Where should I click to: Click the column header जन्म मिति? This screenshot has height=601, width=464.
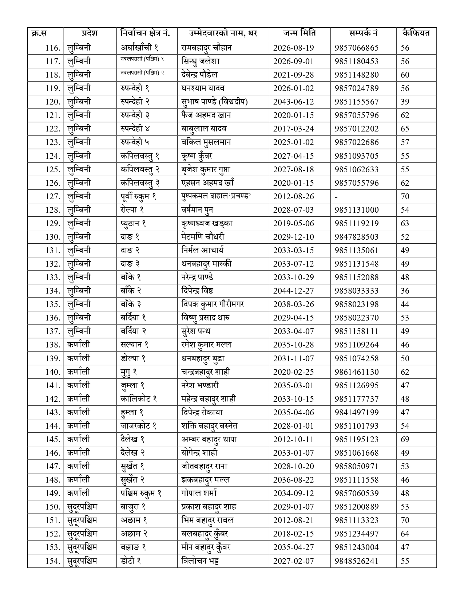[x=300, y=34]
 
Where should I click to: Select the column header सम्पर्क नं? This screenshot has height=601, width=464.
[x=363, y=34]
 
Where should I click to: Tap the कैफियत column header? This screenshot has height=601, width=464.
[x=416, y=34]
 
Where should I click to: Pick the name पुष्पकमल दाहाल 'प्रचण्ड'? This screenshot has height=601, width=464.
[x=217, y=196]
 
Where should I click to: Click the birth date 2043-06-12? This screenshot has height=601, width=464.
[x=293, y=102]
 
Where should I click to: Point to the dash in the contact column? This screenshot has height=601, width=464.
[x=336, y=197]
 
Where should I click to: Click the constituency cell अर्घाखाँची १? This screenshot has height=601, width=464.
[x=140, y=48]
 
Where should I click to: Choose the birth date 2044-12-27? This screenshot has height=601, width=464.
[x=293, y=291]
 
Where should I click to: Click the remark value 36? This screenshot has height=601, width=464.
[x=405, y=291]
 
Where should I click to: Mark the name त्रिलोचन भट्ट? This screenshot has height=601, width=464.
[x=200, y=561]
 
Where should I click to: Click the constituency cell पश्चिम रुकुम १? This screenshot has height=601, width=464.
[x=141, y=493]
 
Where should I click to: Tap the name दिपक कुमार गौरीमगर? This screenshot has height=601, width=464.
[x=213, y=304]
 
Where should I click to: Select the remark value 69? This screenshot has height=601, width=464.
[x=405, y=439]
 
